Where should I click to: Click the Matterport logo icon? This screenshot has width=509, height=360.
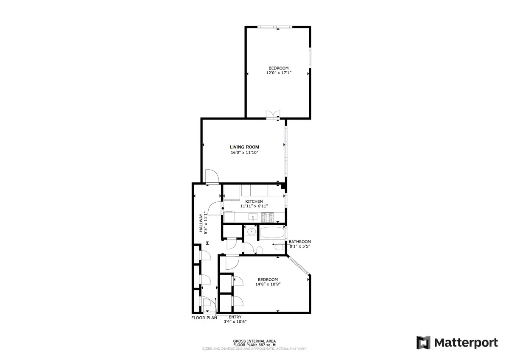click(423, 342)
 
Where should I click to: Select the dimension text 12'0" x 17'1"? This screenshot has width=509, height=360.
click(278, 73)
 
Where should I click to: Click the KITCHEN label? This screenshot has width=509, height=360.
click(254, 201)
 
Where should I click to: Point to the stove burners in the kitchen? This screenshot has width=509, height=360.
click(268, 217)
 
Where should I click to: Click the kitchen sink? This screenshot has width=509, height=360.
click(253, 218)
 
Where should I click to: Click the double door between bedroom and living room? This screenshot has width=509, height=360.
click(273, 114)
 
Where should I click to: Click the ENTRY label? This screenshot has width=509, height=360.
click(235, 317)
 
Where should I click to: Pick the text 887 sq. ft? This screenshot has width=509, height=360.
click(266, 345)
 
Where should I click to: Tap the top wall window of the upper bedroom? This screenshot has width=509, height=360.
click(275, 27)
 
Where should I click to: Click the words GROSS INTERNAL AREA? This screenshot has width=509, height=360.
click(255, 341)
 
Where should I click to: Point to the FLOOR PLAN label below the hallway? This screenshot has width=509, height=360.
click(204, 317)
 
